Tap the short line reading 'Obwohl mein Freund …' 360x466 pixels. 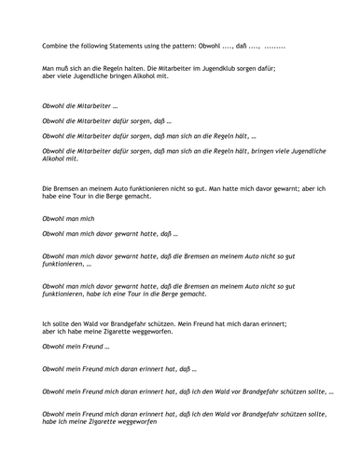point(76,346)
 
